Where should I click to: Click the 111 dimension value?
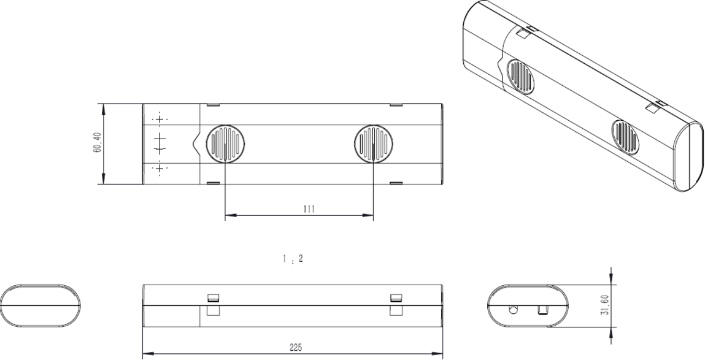[309, 209]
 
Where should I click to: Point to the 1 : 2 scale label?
[288, 259]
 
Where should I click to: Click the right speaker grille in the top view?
[374, 144]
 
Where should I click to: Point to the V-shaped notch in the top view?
[196, 144]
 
